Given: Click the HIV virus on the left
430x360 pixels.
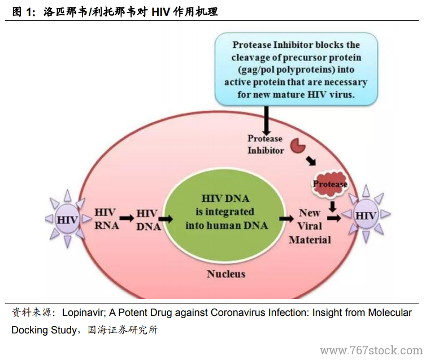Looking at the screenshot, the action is click(67, 219).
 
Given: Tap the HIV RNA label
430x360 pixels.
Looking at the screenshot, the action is click(107, 219).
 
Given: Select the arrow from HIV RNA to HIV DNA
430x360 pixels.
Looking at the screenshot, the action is click(127, 218).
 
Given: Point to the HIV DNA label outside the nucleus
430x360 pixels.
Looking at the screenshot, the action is click(149, 220).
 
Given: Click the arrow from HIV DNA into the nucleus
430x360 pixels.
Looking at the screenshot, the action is click(166, 219).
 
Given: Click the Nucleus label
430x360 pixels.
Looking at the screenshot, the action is click(226, 274).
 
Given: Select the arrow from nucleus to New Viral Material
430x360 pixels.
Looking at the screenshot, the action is click(286, 219).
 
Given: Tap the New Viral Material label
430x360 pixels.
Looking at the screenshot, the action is click(310, 226).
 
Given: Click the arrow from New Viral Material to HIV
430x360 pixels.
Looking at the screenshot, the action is click(334, 218).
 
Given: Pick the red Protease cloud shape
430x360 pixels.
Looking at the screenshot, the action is click(330, 184).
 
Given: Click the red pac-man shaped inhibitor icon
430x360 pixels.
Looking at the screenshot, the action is click(298, 146).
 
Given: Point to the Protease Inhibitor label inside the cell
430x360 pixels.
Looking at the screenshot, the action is click(266, 145).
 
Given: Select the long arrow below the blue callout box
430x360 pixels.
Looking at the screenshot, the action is click(266, 120).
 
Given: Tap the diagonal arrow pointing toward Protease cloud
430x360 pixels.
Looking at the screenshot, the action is click(311, 161).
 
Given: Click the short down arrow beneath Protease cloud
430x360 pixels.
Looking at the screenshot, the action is click(333, 206).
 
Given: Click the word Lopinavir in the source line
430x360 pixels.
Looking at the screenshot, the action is click(84, 313).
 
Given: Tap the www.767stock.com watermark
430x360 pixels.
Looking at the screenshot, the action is click(371, 350).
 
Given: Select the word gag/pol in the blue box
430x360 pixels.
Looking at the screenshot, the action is click(257, 70).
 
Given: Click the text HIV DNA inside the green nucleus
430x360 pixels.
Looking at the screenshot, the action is click(225, 198).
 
